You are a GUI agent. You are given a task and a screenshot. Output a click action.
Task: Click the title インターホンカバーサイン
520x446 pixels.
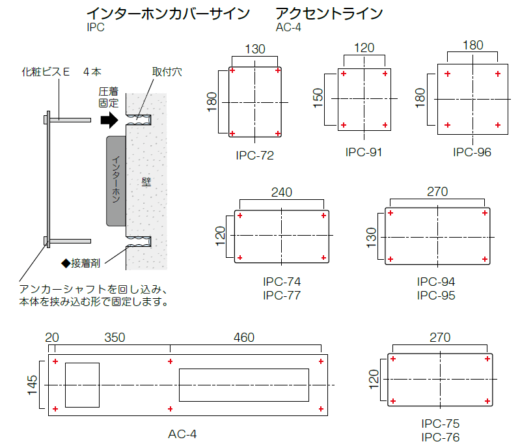[x=168, y=14]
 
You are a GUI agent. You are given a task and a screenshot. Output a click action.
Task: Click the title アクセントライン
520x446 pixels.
[x=329, y=14]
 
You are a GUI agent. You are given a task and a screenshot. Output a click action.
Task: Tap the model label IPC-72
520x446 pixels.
[x=255, y=156]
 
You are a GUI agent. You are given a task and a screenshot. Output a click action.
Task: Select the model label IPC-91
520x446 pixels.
[x=363, y=152]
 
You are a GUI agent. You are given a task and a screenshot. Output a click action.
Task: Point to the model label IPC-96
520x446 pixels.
[x=472, y=152]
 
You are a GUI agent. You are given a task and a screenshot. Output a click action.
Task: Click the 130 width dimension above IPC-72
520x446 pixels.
[x=255, y=49]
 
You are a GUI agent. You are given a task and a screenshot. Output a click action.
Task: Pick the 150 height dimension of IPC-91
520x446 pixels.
[x=318, y=98]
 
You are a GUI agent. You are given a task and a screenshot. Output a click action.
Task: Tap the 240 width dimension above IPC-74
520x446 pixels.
[x=281, y=193]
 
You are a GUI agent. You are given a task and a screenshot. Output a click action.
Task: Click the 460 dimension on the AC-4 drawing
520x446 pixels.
[x=244, y=338]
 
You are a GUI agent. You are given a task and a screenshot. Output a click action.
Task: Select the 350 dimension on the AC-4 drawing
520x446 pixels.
[x=115, y=338]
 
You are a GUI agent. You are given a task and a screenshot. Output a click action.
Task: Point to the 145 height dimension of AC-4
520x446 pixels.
[x=33, y=385]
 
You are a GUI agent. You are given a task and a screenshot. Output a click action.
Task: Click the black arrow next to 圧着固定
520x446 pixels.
[x=108, y=120]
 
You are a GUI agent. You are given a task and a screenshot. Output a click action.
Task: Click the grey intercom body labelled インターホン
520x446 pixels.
[x=115, y=180]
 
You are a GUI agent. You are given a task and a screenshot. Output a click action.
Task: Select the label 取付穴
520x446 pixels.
[x=167, y=72]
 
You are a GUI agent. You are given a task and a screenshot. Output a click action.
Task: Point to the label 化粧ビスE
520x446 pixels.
[x=46, y=72]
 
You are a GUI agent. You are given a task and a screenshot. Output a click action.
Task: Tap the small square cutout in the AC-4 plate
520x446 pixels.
[x=82, y=385]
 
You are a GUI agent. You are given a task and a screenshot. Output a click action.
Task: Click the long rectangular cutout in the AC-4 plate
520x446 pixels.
[x=243, y=385]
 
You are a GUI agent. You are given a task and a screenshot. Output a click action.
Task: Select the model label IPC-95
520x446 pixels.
[x=436, y=296]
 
